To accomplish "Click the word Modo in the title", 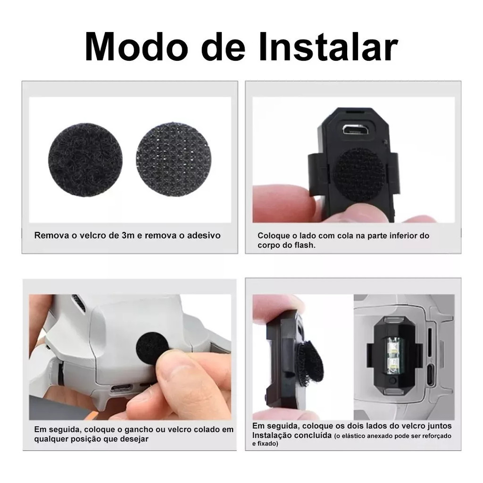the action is (x=136, y=47).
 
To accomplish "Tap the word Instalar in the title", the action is (x=328, y=47).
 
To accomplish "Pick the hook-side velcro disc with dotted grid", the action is (x=174, y=159).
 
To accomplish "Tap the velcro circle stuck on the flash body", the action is (x=358, y=175).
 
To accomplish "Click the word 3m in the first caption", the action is (x=128, y=236).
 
